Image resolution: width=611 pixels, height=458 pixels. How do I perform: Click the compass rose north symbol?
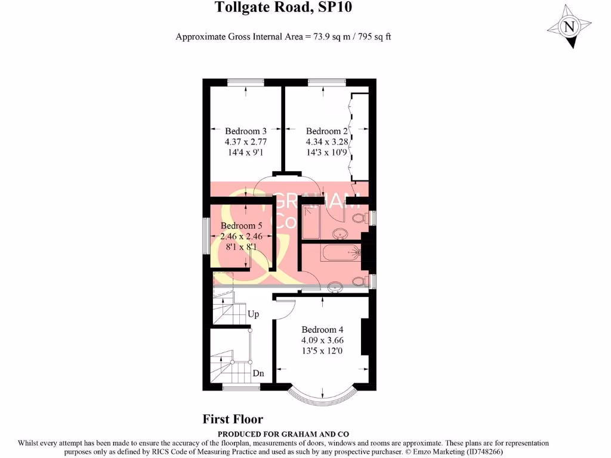click(x=569, y=27)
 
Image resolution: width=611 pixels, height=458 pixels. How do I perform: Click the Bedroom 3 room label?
click(x=245, y=131)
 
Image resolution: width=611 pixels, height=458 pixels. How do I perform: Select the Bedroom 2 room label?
click(x=326, y=131)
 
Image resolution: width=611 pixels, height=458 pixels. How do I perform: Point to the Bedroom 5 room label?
click(x=242, y=226)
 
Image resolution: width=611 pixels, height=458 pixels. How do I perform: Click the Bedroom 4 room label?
click(x=322, y=330)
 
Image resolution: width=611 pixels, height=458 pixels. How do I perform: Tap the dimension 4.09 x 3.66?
click(x=322, y=341)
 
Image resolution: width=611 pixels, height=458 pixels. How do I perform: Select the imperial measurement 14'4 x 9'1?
click(x=245, y=153)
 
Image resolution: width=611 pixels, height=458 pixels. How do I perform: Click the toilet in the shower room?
click(x=359, y=218)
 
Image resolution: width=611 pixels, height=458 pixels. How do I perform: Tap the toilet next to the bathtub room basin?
click(x=359, y=281)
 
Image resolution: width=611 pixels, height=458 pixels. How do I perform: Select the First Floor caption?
click(x=233, y=419)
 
